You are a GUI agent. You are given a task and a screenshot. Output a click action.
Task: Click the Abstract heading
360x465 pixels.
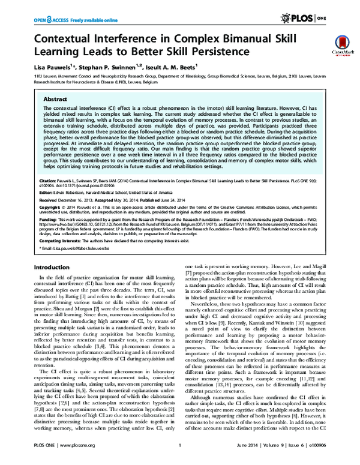pyautogui.click(x=56, y=100)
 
